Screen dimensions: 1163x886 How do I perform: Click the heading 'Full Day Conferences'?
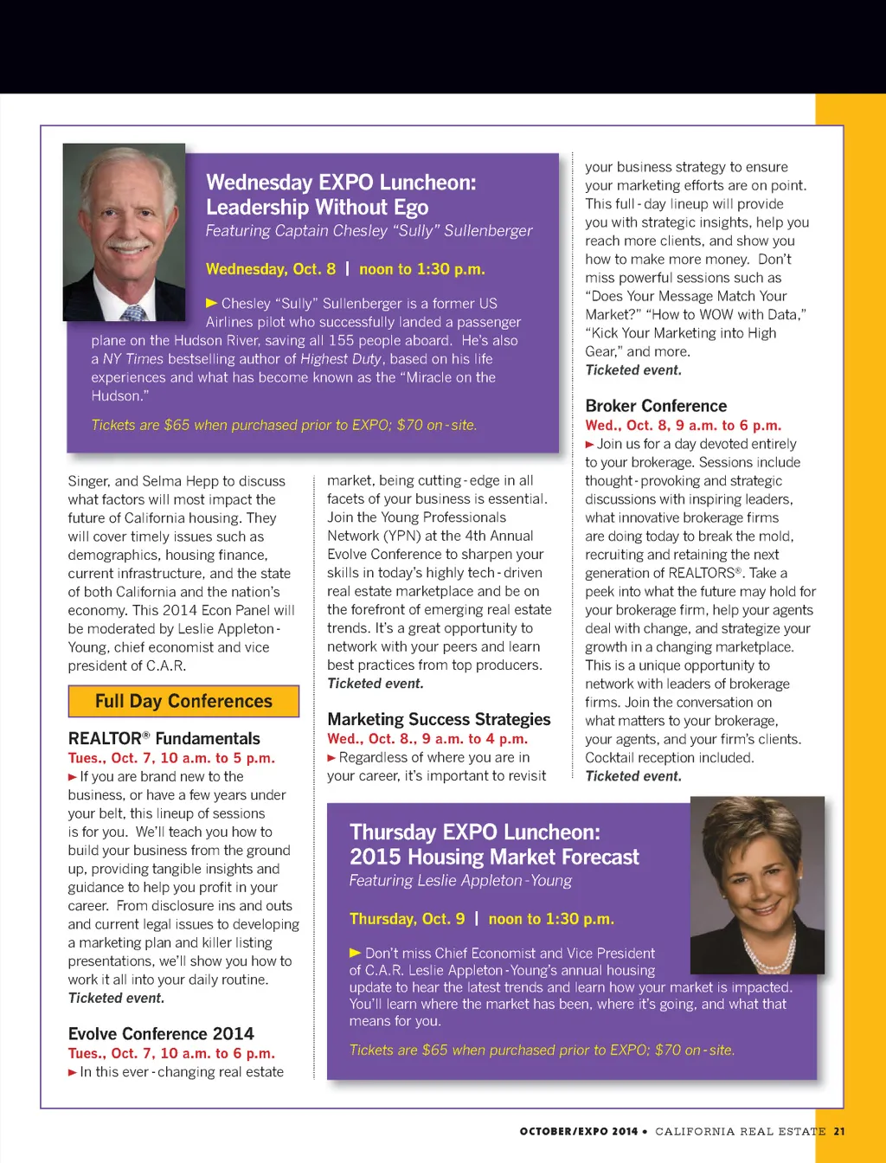183,701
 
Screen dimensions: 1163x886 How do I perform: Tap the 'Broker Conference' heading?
656,406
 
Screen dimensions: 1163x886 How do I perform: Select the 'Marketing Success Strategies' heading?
439,719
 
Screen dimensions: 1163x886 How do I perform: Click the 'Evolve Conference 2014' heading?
161,1034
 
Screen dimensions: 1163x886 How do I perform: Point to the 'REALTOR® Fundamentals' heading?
164,738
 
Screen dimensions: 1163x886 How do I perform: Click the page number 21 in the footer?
839,1131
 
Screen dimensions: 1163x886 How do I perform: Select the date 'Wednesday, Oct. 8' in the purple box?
270,269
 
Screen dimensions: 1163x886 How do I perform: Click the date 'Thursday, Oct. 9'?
407,919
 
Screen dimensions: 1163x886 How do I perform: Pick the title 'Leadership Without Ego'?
317,208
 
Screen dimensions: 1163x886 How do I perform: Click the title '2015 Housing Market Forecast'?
494,858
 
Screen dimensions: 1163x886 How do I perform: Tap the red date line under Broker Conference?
683,425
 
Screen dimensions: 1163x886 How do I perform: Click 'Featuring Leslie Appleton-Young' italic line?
460,881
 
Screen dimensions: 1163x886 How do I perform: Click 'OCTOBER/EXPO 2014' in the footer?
578,1131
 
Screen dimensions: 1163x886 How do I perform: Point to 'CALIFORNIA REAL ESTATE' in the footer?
740,1131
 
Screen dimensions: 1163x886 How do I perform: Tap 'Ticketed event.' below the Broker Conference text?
633,776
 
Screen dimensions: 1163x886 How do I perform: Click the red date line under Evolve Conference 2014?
171,1053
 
